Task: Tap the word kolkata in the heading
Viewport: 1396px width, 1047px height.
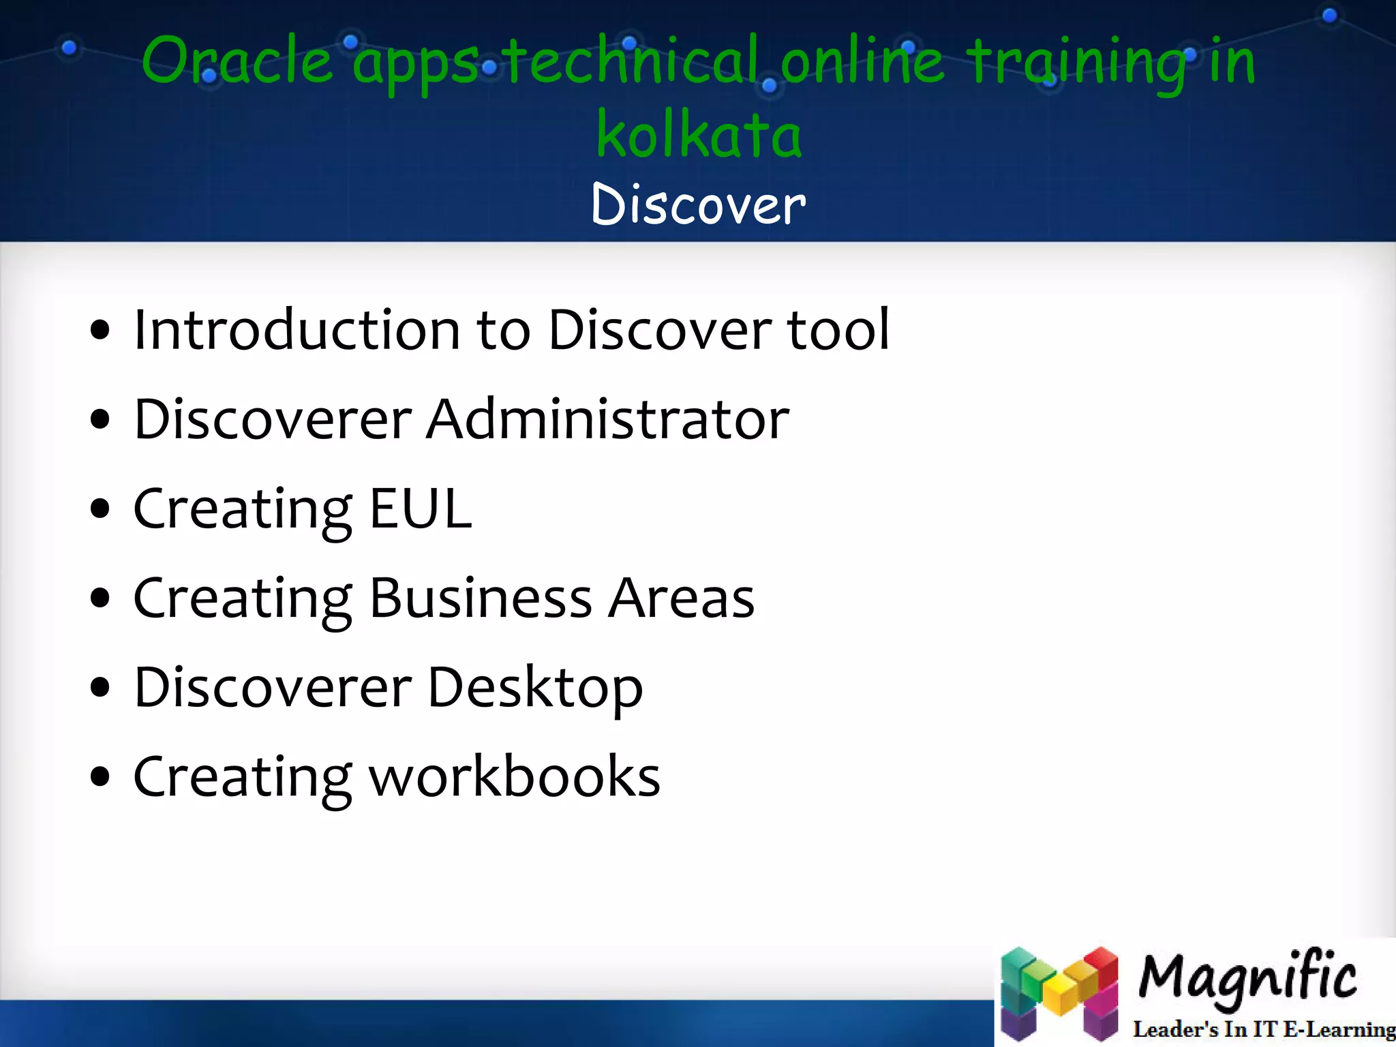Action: pyautogui.click(x=699, y=134)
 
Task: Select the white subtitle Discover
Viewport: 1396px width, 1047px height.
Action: pyautogui.click(x=699, y=204)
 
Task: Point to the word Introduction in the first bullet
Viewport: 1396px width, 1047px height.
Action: pyautogui.click(x=297, y=330)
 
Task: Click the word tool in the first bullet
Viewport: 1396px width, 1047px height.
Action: pyautogui.click(x=838, y=330)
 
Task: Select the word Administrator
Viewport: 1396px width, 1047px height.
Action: pyautogui.click(x=607, y=419)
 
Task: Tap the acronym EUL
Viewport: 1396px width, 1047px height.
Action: pyautogui.click(x=420, y=509)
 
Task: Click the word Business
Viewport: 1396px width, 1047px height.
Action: pyautogui.click(x=480, y=598)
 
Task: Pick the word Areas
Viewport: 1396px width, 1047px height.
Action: pyautogui.click(x=681, y=598)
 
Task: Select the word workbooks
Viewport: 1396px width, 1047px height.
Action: pyautogui.click(x=515, y=777)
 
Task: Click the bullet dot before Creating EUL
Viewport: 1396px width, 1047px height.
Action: pyautogui.click(x=100, y=509)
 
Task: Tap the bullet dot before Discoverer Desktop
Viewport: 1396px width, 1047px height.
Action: pyautogui.click(x=100, y=688)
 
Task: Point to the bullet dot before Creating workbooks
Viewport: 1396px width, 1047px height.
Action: pyautogui.click(x=100, y=777)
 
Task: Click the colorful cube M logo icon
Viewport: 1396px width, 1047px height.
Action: pyautogui.click(x=1059, y=994)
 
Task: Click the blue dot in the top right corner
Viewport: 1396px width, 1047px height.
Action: pyautogui.click(x=1329, y=16)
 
